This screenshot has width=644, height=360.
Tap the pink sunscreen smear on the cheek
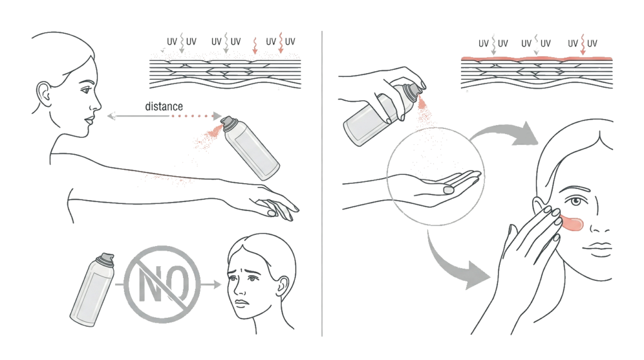tap(570, 222)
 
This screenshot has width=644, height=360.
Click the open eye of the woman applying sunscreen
tap(574, 196)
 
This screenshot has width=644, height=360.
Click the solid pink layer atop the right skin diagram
tap(535, 58)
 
